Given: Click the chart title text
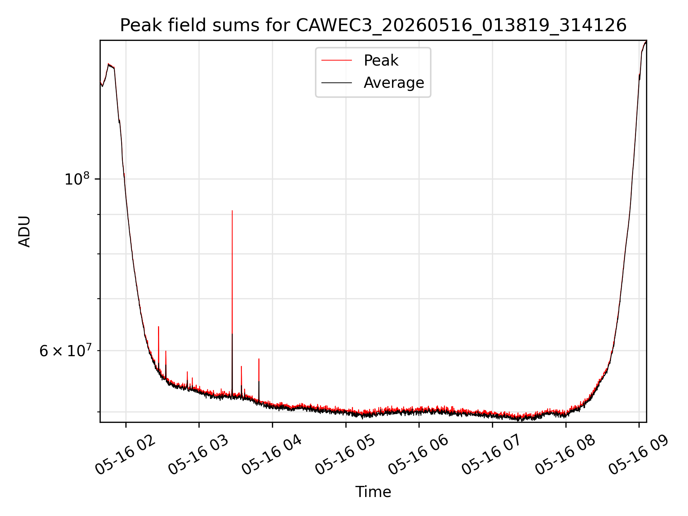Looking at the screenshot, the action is coord(373,25).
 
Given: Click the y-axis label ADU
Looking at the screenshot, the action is coord(24,231).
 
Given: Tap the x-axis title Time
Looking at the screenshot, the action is coord(373,492).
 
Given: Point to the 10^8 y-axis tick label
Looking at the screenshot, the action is coord(76,178).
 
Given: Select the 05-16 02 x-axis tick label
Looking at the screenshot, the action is coord(125,455).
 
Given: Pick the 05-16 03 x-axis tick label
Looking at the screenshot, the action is coord(199,455).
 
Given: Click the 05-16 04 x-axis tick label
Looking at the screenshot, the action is coord(272,455).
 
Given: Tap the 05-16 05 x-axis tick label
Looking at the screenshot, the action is coord(345,455).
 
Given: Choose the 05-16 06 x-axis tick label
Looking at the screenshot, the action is coord(419,455).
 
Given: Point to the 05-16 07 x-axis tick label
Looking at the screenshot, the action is coord(492,455).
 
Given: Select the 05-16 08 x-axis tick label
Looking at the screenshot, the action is coord(565,455).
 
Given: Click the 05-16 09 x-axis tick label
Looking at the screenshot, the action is coord(639,455).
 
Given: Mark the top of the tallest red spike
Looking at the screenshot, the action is coord(232,211).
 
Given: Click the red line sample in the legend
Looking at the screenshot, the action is coord(336,61).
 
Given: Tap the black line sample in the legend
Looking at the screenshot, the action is coord(336,83).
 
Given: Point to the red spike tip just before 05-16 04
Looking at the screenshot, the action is coord(259,359).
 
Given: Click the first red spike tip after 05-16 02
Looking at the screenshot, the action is coord(158,326).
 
